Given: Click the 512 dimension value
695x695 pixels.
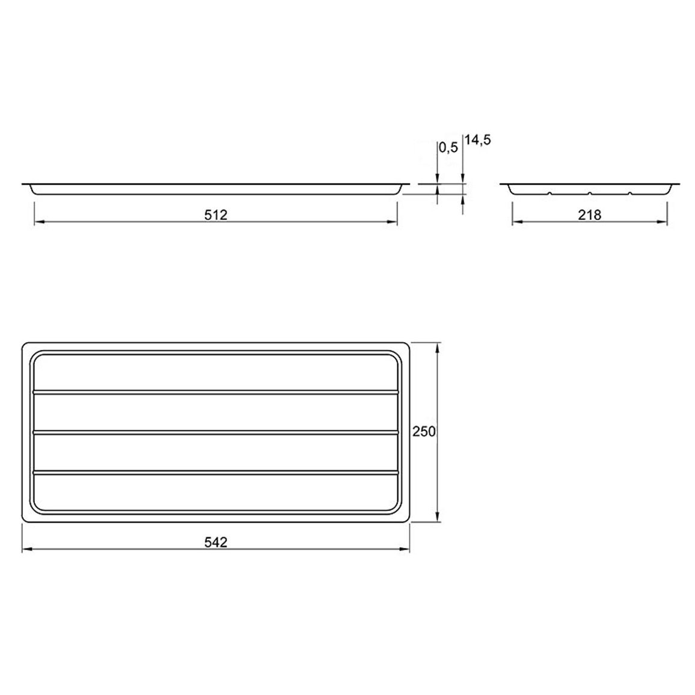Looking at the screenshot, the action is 215,215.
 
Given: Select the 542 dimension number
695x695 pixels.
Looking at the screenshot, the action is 215,542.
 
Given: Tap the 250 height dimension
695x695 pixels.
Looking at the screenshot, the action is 424,431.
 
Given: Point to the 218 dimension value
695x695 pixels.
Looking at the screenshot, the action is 590,215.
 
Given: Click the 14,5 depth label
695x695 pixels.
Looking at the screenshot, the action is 478,140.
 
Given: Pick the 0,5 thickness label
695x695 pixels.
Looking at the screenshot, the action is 448,148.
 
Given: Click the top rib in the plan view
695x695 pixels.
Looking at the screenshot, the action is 216,392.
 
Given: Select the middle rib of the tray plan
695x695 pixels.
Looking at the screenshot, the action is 216,431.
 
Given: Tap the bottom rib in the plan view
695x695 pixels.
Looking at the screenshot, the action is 216,473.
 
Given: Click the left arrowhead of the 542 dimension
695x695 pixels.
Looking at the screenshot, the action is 26,550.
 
